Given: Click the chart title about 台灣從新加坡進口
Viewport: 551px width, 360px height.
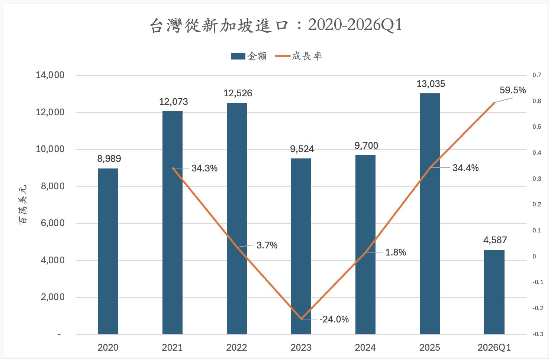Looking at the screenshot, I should coord(275,25).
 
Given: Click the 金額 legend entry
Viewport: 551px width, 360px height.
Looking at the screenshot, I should coord(249,56).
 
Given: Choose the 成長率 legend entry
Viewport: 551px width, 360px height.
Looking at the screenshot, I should coord(299,56).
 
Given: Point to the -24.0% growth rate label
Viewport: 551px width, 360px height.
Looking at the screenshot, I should coord(334,319).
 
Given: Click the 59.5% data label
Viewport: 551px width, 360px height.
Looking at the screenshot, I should coord(513,90).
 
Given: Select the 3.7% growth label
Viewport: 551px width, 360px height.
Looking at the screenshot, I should coord(267,245).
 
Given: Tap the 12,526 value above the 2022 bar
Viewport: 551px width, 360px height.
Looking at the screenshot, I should coord(238,93).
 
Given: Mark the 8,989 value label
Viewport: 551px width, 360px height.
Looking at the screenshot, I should coord(109,159).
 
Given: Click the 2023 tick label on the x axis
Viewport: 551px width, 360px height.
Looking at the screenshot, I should coord(301,348).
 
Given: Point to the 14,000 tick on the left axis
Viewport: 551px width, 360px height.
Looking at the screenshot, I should coord(50,75).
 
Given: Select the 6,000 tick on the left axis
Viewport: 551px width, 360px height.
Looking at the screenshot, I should coord(52,223).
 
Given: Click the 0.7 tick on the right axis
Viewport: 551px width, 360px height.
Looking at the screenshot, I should coord(536,75).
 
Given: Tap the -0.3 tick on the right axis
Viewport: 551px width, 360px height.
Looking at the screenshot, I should coord(538,334).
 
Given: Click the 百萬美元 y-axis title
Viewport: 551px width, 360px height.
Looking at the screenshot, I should coord(23,205).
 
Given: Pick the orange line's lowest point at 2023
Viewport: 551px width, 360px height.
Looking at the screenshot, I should coord(301,319).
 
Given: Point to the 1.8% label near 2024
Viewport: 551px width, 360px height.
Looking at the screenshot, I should coord(396,253).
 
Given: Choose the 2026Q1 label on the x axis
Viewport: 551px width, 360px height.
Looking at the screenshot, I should coord(494,348).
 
